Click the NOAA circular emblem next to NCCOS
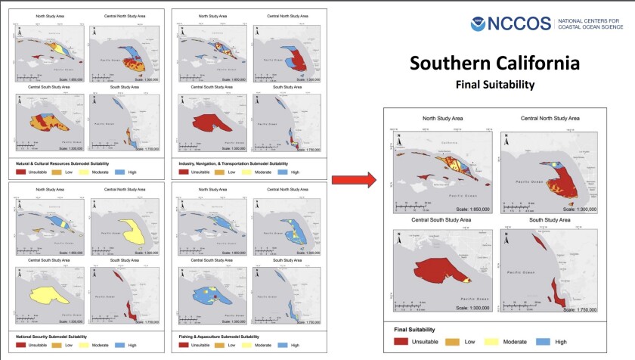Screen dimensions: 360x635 (479, 23)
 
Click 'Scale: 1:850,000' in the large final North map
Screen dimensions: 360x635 (469, 209)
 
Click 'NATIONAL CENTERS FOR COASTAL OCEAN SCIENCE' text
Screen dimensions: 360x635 (592, 24)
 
